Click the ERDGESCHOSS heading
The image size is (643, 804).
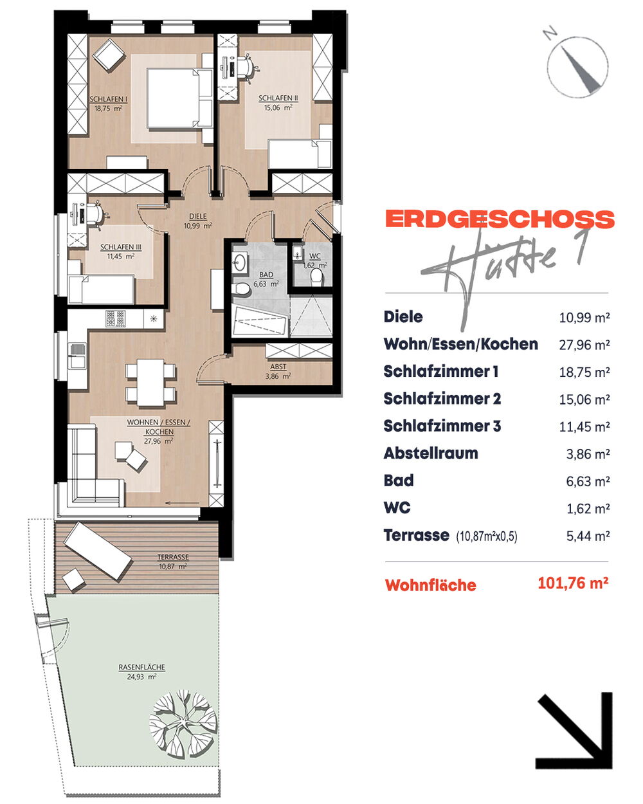500,219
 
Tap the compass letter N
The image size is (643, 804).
550,33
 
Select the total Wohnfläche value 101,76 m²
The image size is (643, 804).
573,583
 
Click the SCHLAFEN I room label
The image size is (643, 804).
109,99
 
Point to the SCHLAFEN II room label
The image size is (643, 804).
278,98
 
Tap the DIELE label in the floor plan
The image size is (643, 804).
197,216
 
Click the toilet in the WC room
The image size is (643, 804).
316,278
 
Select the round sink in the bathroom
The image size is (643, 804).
239,262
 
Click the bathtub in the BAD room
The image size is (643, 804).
260,320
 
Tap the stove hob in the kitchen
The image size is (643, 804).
116,318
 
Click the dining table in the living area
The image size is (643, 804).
150,382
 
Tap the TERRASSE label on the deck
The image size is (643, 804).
173,557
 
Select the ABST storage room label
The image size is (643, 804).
278,367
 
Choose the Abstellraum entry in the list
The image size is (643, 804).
431,453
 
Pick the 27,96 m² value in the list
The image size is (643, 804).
584,345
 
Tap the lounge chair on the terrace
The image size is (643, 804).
98,551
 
